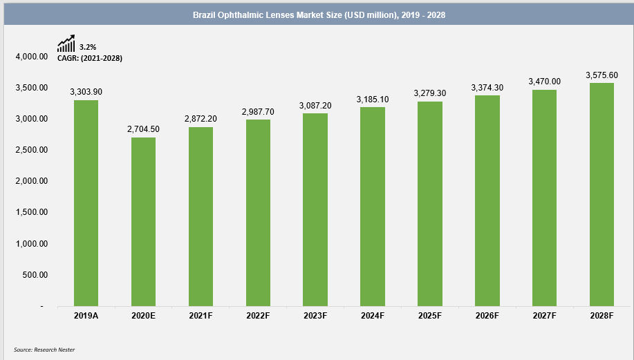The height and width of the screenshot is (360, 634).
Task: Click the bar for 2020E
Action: click(x=143, y=221)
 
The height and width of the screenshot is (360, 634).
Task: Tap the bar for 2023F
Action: click(x=315, y=209)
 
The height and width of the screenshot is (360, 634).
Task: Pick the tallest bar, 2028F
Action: click(x=602, y=194)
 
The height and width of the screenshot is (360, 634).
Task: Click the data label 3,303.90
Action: click(x=86, y=91)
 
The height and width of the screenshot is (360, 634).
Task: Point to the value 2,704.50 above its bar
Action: click(x=143, y=129)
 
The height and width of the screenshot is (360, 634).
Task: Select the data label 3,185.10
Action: click(x=372, y=100)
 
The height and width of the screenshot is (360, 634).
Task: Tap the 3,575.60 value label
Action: click(x=602, y=75)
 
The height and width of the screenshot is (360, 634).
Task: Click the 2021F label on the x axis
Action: click(x=201, y=315)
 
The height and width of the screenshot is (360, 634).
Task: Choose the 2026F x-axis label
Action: click(x=487, y=315)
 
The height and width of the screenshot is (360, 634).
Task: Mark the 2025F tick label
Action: click(x=429, y=315)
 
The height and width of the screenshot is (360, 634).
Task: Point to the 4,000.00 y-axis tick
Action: click(x=31, y=57)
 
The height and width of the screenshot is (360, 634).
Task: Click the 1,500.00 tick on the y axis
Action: click(x=31, y=212)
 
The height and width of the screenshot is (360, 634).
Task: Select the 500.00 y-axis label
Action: click(x=35, y=275)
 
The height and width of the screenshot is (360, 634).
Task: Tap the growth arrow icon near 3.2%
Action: click(x=66, y=45)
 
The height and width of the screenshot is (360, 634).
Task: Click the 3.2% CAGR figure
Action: click(x=87, y=47)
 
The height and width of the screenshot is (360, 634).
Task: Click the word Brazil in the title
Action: click(x=205, y=15)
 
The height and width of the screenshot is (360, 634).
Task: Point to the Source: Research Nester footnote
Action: click(x=44, y=350)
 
